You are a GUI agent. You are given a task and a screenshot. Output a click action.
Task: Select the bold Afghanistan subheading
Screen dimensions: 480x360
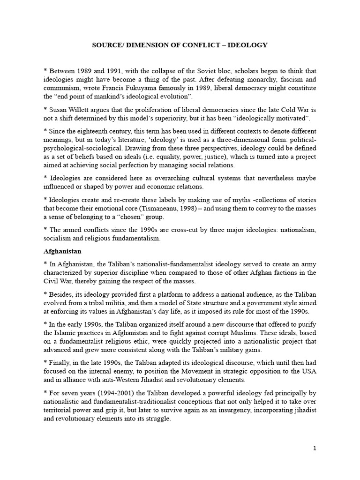60,251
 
